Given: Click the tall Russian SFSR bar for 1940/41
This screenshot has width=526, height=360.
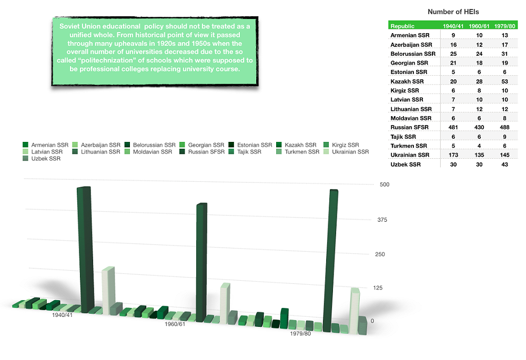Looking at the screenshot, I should [x=84, y=250].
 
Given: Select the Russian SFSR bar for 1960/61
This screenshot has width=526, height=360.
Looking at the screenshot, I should [x=201, y=263].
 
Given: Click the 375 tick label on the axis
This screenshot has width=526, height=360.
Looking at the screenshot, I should [x=381, y=220].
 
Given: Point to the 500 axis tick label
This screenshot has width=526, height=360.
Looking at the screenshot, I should [x=384, y=185].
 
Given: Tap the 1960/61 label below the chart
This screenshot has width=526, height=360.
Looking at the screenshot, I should [x=175, y=324].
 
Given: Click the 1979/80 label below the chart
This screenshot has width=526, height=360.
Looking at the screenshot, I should [x=300, y=333].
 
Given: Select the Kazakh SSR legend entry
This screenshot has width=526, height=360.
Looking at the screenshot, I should [x=300, y=145].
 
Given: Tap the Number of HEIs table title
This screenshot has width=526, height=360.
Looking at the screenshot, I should [x=453, y=12].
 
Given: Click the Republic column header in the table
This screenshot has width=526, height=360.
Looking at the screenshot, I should [x=403, y=26].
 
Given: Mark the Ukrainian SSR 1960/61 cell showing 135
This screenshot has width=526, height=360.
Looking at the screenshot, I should [x=475, y=155].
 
